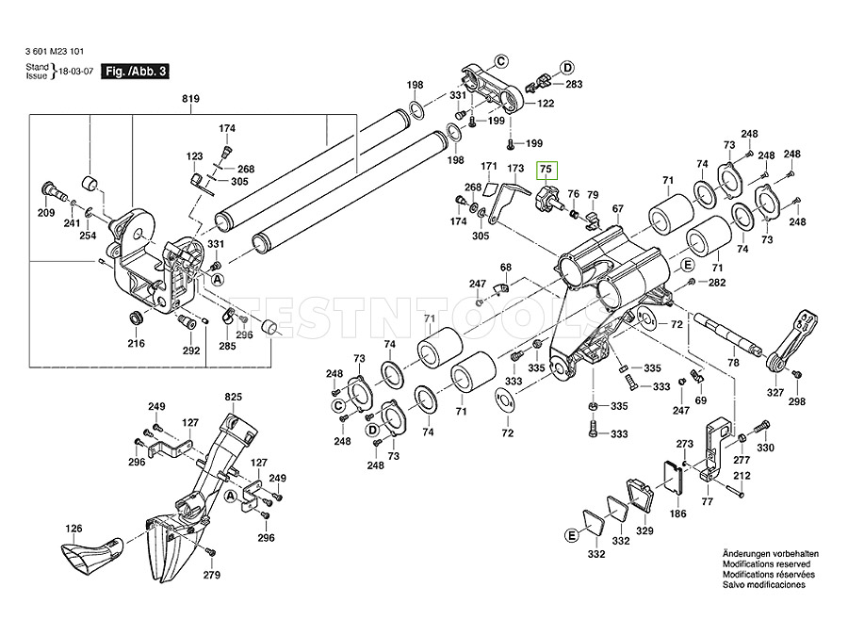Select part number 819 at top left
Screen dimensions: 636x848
click(192, 97)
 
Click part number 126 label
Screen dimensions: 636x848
click(73, 529)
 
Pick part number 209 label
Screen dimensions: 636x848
click(46, 214)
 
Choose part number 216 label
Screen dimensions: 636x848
click(137, 343)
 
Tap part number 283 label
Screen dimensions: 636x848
click(574, 85)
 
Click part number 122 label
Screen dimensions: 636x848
click(546, 103)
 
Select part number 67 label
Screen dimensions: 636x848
click(618, 208)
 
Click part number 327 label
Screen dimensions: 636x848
click(775, 393)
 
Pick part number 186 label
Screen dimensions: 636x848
click(677, 515)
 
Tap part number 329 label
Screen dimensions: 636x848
click(644, 532)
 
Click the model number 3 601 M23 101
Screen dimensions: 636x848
click(60, 54)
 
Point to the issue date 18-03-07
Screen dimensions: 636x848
click(76, 72)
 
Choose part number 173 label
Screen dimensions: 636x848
click(514, 169)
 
